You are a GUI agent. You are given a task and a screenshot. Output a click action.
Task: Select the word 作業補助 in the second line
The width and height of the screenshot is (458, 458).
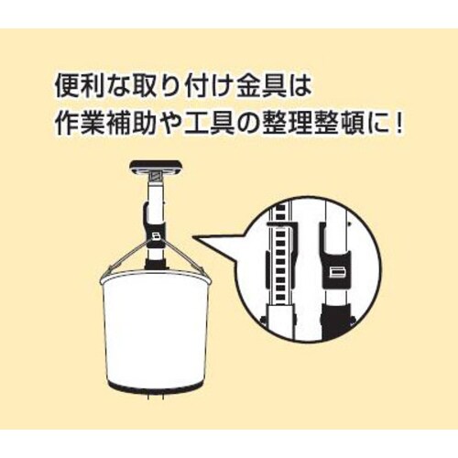pyautogui.click(x=107, y=124)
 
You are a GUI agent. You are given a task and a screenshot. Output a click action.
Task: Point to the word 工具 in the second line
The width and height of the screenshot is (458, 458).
pyautogui.click(x=209, y=124)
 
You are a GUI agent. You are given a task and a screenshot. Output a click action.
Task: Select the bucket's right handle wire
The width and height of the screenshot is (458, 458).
pyautogui.click(x=184, y=256)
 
